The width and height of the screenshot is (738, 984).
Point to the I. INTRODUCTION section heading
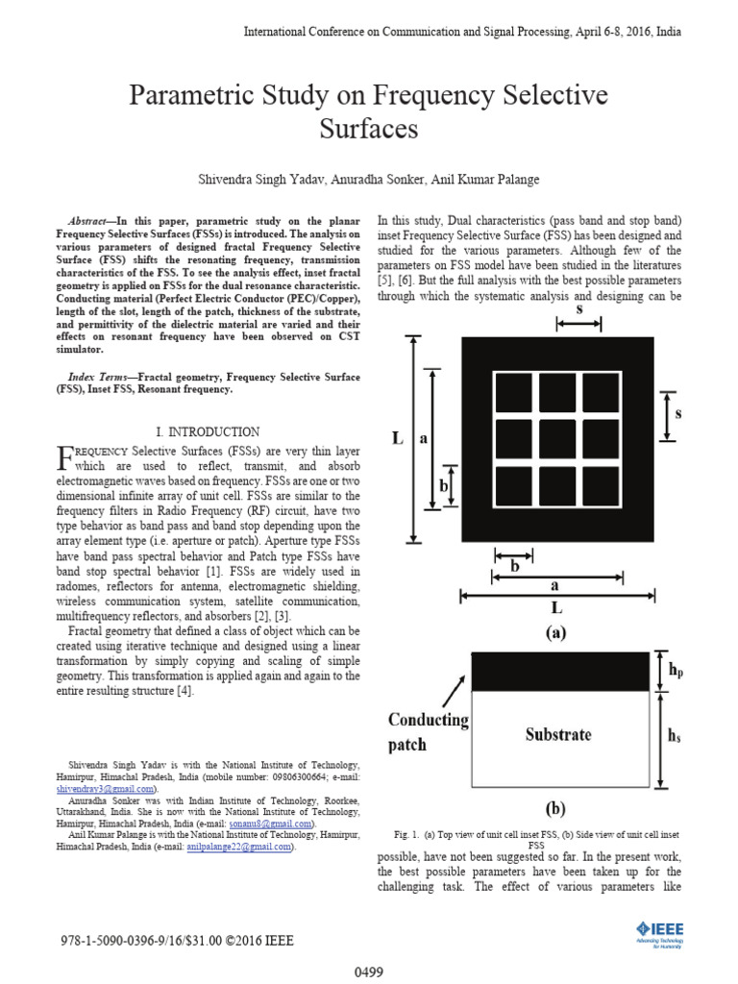click(x=208, y=432)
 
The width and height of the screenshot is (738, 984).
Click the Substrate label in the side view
click(x=557, y=735)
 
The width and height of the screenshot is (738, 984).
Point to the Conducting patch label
click(x=428, y=731)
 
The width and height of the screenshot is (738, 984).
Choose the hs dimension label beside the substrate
click(x=675, y=735)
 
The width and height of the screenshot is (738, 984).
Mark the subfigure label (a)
click(x=555, y=634)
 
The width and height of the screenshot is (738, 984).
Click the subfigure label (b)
click(x=557, y=807)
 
